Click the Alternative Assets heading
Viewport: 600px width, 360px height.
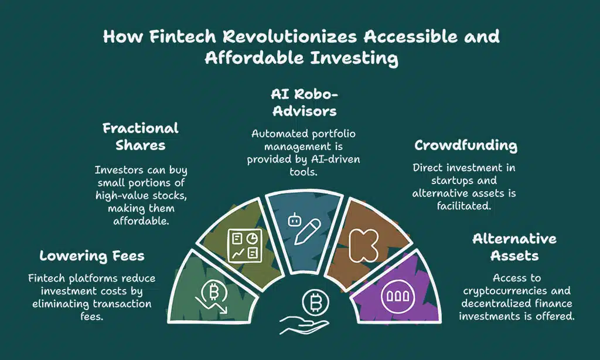(514, 247)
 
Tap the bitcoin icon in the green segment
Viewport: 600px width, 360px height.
(214, 292)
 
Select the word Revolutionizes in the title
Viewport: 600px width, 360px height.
(276, 36)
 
